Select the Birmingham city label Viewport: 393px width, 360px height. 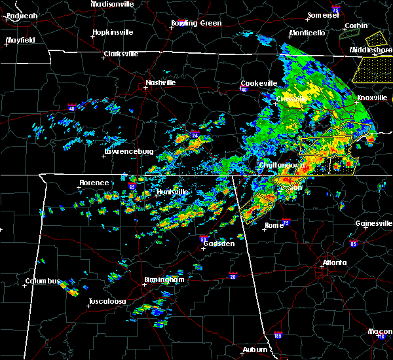[164, 280]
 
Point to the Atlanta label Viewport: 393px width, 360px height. [334, 263]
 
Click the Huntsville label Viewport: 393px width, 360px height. [172, 192]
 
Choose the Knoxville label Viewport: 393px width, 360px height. [371, 98]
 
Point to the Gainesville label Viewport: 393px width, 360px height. [373, 223]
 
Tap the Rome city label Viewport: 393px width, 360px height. [273, 225]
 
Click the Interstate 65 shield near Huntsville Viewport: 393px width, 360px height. [131, 187]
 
